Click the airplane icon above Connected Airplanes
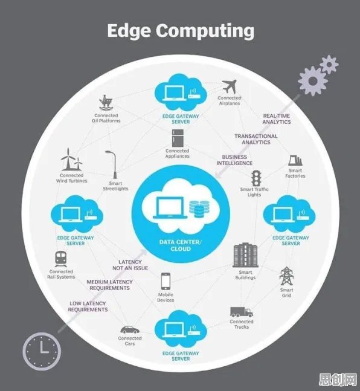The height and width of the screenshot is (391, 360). pyautogui.click(x=230, y=86)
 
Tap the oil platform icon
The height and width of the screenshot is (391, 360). pyautogui.click(x=106, y=102)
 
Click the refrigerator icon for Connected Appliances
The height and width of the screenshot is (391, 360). pyautogui.click(x=178, y=138)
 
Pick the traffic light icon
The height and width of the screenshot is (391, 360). pyautogui.click(x=256, y=178)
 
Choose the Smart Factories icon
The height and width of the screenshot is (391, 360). pyautogui.click(x=295, y=161)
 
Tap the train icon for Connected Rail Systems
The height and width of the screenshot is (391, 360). pyautogui.click(x=61, y=259)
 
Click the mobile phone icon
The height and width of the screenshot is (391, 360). pyautogui.click(x=166, y=281)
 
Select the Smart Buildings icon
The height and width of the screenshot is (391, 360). pyautogui.click(x=245, y=255)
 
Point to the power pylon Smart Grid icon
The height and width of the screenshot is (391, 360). pyautogui.click(x=287, y=276)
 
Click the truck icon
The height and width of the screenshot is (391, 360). pyautogui.click(x=242, y=312)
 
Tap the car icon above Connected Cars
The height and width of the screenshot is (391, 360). pyautogui.click(x=130, y=330)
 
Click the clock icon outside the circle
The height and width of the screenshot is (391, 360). pyautogui.click(x=42, y=351)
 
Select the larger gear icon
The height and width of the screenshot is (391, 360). pyautogui.click(x=313, y=81)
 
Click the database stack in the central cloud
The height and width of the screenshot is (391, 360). pyautogui.click(x=199, y=209)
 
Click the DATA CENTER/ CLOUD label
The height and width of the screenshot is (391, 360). pyautogui.click(x=181, y=245)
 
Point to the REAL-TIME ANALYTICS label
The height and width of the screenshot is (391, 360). pyautogui.click(x=277, y=119)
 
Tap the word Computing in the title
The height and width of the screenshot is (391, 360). pyautogui.click(x=205, y=31)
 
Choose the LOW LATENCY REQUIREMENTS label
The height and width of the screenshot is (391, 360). pyautogui.click(x=88, y=306)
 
